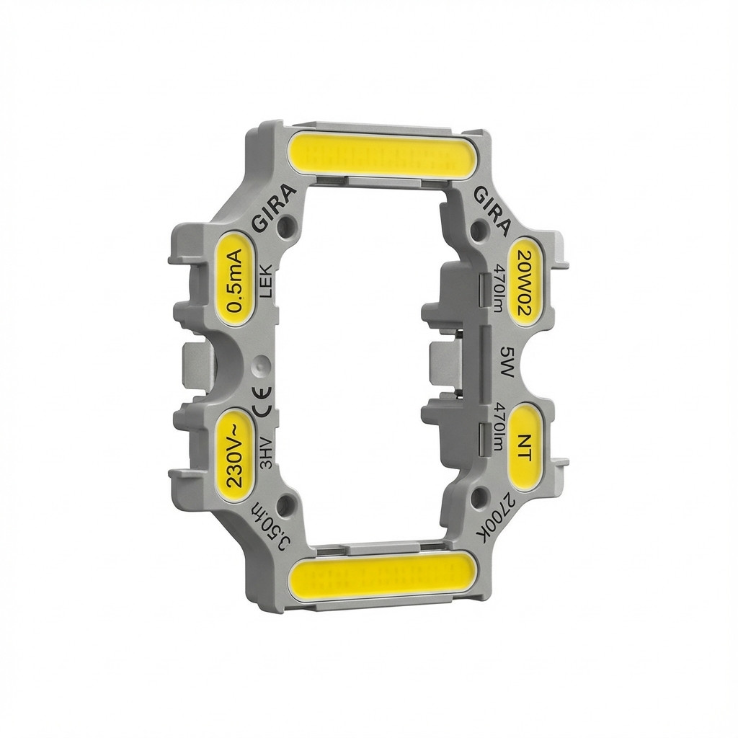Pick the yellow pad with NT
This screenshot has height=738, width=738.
tap(526, 448)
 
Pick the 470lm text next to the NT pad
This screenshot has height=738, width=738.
tap(497, 430)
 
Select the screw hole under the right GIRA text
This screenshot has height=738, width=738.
tap(477, 231)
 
